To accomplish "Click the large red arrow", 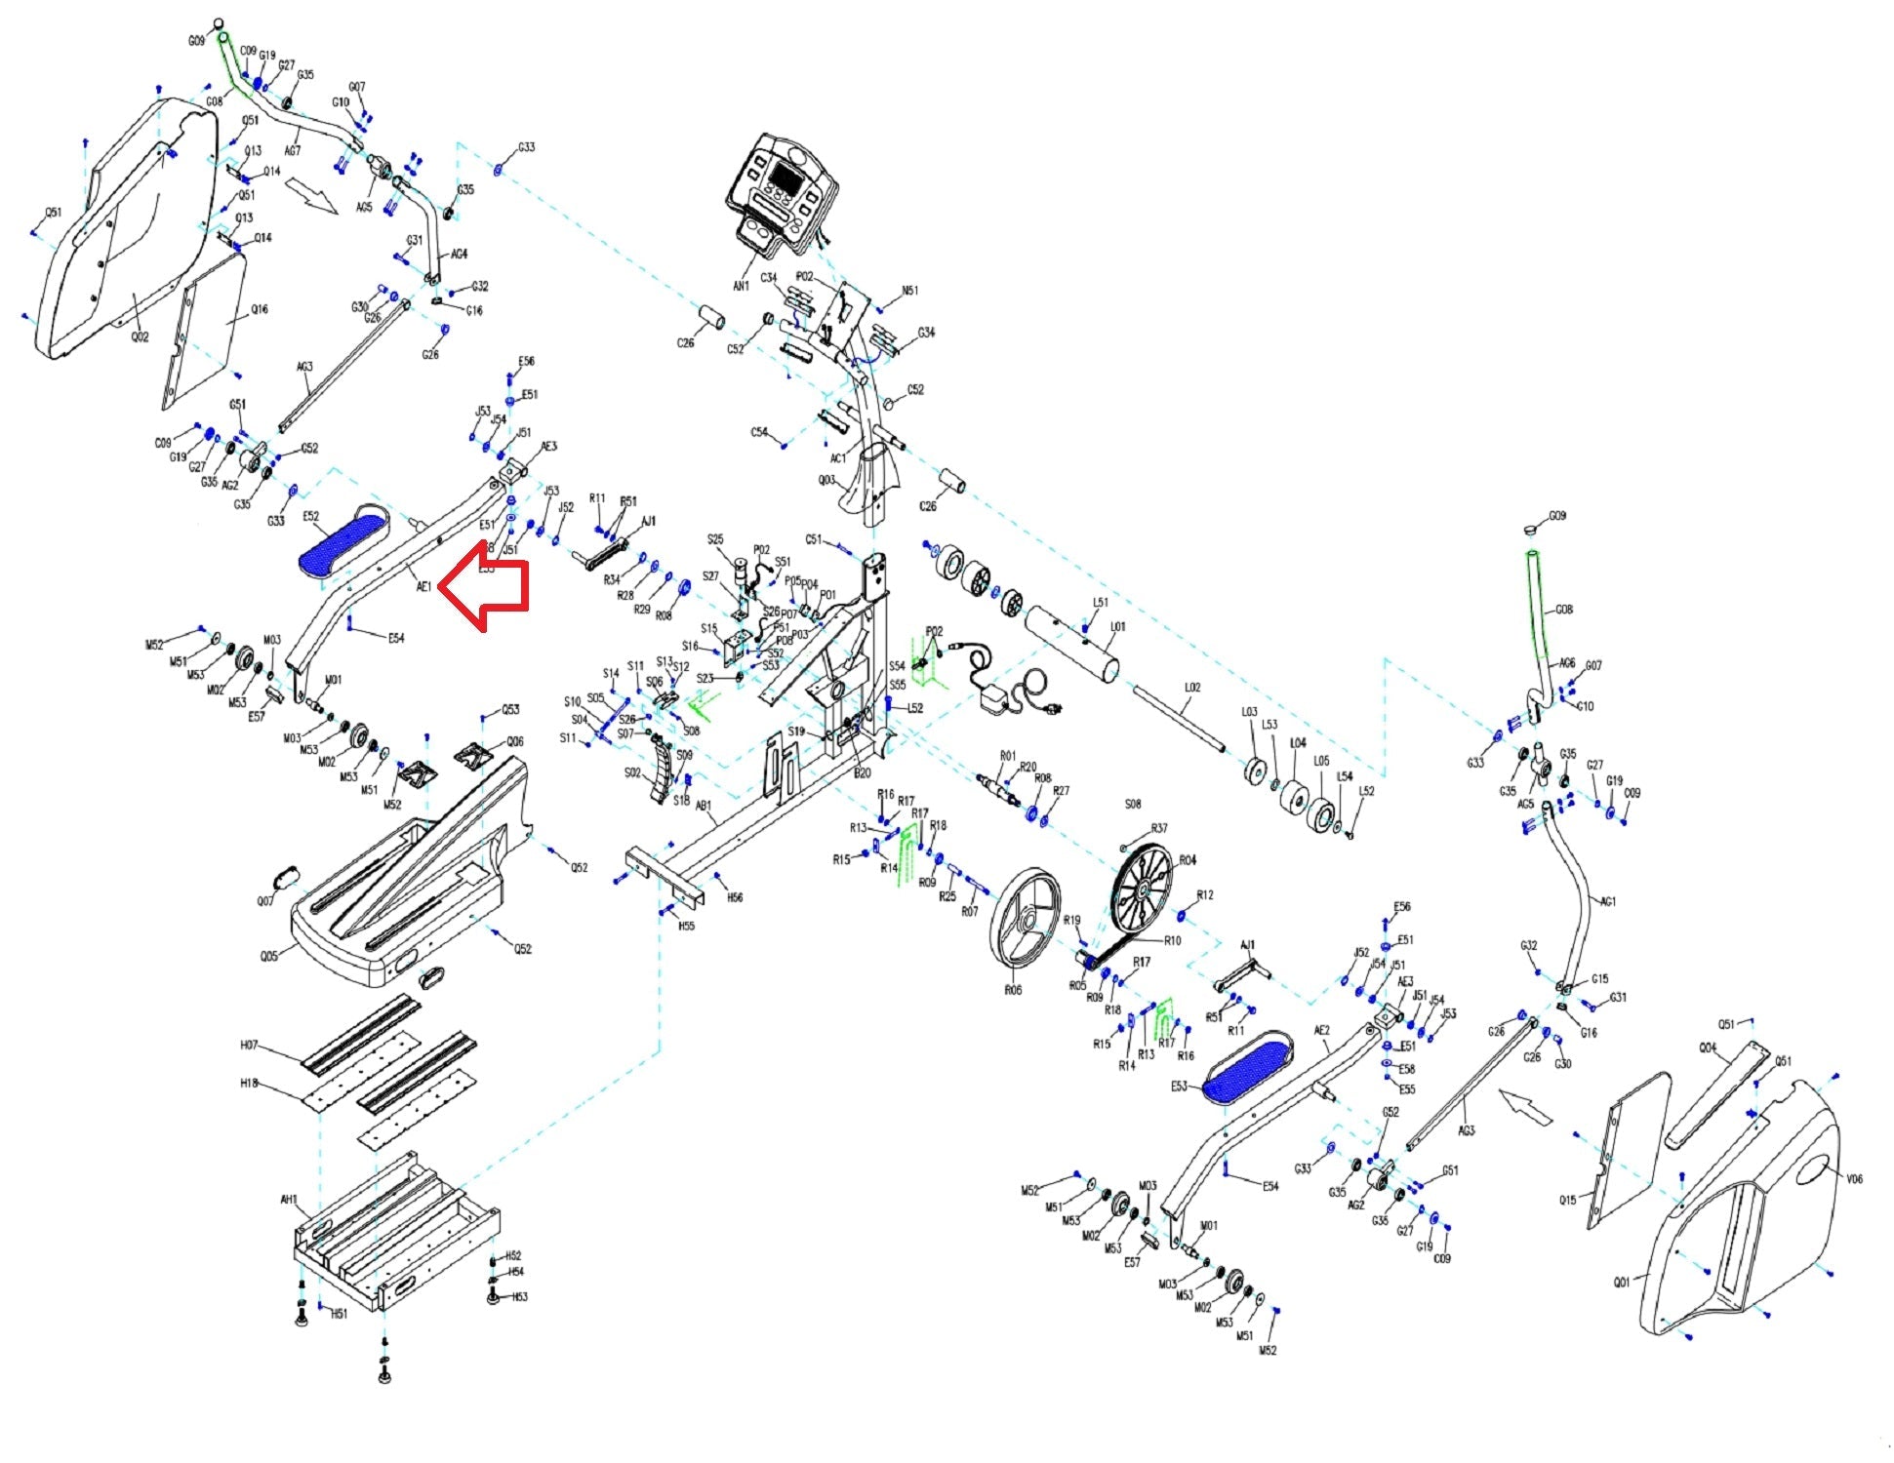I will pyautogui.click(x=485, y=585).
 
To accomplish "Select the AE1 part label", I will pyautogui.click(x=423, y=587).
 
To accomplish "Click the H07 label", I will pyautogui.click(x=249, y=1045).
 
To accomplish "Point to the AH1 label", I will pyautogui.click(x=289, y=1200).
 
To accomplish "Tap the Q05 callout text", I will pyautogui.click(x=268, y=956).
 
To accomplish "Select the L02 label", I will pyautogui.click(x=1192, y=687).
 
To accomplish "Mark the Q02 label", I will pyautogui.click(x=140, y=336).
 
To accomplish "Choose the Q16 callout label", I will pyautogui.click(x=259, y=309).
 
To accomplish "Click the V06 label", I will pyautogui.click(x=1854, y=1178).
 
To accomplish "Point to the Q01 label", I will pyautogui.click(x=1621, y=1282).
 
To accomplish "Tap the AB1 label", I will pyautogui.click(x=704, y=806).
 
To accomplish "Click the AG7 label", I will pyautogui.click(x=292, y=150).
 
